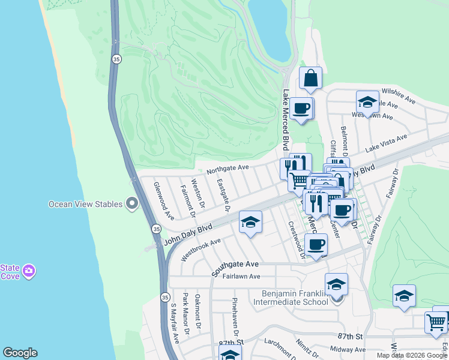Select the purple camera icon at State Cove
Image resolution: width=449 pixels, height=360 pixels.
(x=28, y=272)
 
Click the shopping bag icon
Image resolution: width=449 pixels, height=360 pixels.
(x=310, y=79)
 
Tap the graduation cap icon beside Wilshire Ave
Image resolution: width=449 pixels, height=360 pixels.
(x=367, y=102)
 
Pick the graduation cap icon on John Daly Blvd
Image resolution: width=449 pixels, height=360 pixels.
(x=250, y=223)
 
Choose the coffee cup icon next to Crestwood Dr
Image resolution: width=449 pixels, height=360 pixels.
(x=316, y=245)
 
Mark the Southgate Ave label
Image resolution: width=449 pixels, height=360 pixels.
(x=235, y=264)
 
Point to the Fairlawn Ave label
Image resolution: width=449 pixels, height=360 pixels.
(x=241, y=277)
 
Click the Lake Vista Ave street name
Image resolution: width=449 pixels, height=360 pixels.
(x=386, y=143)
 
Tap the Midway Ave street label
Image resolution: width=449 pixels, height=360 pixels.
(x=348, y=349)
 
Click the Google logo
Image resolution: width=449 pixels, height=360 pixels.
(x=20, y=353)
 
